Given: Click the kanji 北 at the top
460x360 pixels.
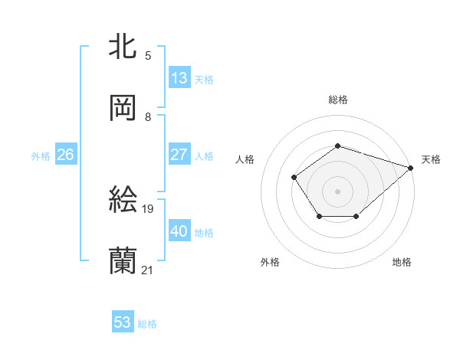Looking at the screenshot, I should (x=123, y=47).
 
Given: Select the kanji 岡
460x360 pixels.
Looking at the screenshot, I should (x=123, y=108).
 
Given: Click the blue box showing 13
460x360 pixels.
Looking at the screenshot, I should (x=179, y=78).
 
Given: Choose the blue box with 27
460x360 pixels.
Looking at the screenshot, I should (x=179, y=155).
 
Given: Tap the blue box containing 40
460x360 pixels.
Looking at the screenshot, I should (x=179, y=231).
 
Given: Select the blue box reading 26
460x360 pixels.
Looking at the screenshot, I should (x=65, y=155).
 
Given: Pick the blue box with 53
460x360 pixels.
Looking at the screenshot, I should (x=122, y=322).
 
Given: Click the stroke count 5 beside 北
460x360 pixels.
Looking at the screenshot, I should (x=148, y=55).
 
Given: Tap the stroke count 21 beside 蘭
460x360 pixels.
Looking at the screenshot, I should (x=148, y=270).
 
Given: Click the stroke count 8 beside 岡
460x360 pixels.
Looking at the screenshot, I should (x=148, y=116).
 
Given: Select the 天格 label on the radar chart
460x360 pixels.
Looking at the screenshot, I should (x=431, y=159).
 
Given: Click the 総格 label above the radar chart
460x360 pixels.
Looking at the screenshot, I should (x=337, y=100).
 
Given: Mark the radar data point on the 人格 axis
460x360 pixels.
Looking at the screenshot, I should (x=294, y=178).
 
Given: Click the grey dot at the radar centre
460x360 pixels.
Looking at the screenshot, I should (x=337, y=191).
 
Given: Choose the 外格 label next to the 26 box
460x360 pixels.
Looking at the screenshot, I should (x=40, y=155).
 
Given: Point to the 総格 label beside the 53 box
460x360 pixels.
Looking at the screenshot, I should (x=147, y=324).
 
